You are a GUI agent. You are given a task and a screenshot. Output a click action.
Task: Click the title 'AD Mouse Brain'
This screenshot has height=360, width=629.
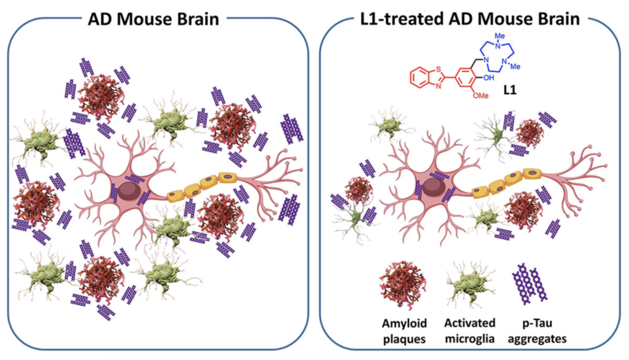153,18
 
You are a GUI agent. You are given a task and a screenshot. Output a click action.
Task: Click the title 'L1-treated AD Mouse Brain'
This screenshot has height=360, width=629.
469,18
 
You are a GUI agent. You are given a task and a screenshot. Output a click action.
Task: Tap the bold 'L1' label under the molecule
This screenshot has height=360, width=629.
510,90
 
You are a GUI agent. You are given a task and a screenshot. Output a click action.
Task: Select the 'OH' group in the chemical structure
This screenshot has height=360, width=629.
488,77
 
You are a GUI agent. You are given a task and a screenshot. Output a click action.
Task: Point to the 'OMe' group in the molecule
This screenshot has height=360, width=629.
480,95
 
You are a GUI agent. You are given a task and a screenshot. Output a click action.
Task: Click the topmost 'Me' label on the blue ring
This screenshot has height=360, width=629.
499,36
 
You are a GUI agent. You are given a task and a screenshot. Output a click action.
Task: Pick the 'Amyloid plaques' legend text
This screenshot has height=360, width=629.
404,331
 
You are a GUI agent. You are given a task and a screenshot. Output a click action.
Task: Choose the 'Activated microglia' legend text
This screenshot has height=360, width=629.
470,331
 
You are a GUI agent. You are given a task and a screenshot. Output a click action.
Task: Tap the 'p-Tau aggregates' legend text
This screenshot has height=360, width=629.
537,331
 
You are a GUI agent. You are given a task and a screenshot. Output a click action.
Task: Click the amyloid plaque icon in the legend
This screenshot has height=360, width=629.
403,285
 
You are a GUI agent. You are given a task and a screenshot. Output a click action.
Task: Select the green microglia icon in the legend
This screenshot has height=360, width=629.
470,284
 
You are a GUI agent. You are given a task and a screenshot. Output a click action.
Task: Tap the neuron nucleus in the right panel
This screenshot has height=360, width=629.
433,187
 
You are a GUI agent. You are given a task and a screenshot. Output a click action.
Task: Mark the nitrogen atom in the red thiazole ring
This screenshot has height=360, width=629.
438,86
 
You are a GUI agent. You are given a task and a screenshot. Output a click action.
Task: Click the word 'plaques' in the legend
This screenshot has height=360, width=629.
404,339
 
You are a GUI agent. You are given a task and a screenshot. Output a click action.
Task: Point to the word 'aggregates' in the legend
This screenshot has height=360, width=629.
537,339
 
